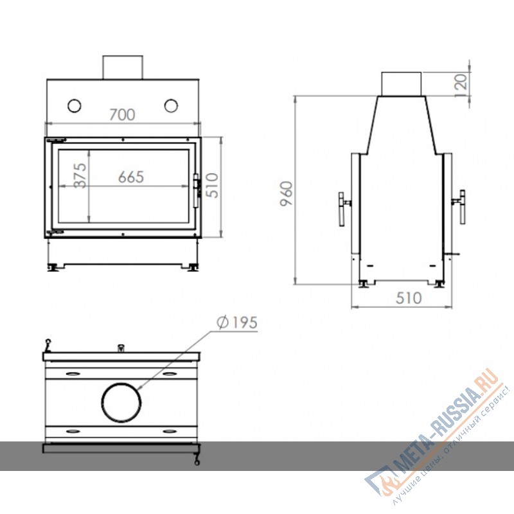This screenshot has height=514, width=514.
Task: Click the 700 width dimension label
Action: pos(122,115)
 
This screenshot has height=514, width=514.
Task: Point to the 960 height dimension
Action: pos(287,192)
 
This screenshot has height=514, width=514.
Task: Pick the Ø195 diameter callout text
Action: pos(237,323)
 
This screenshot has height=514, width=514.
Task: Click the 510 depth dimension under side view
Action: pos(409,298)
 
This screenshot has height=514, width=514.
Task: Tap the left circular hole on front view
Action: pos(75,105)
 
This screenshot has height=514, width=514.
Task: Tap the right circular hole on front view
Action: pos(172,105)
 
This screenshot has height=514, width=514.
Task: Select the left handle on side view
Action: pos(343,208)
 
